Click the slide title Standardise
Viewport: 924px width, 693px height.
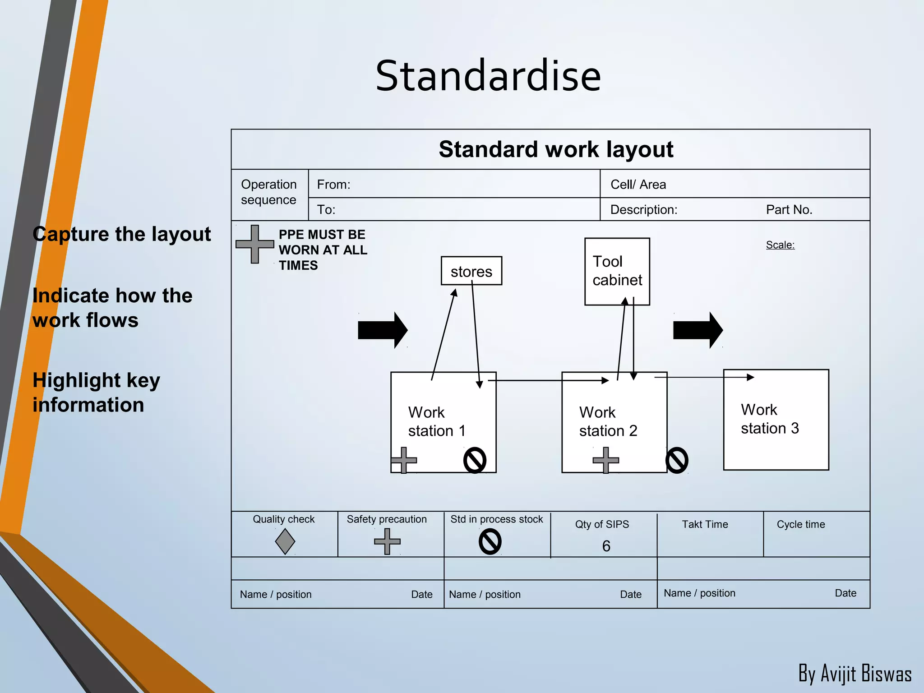(x=488, y=76)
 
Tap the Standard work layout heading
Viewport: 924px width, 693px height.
(x=555, y=149)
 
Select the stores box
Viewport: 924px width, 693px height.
(x=471, y=271)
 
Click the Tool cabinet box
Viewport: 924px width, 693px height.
(x=617, y=271)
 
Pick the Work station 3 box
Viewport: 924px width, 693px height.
(x=776, y=420)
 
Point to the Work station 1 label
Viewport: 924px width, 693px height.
(x=436, y=421)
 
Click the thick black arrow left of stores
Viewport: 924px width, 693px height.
(x=382, y=330)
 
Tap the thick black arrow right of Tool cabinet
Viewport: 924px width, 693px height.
(x=698, y=330)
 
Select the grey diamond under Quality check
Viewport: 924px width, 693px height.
(x=285, y=541)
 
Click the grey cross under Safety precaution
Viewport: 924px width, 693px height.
(x=387, y=541)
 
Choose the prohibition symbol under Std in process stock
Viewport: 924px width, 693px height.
(x=490, y=541)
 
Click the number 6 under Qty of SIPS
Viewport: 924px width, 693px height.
(x=606, y=546)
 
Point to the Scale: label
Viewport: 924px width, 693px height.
(x=780, y=245)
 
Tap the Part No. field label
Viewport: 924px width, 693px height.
(x=789, y=210)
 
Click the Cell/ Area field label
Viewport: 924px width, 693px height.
(x=638, y=185)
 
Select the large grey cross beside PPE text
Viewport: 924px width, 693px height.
(x=255, y=244)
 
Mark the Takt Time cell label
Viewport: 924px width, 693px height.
(x=705, y=524)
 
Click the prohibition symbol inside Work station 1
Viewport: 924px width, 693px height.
(x=475, y=460)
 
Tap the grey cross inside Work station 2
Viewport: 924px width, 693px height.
(x=605, y=460)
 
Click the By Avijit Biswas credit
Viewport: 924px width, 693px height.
(x=855, y=674)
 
